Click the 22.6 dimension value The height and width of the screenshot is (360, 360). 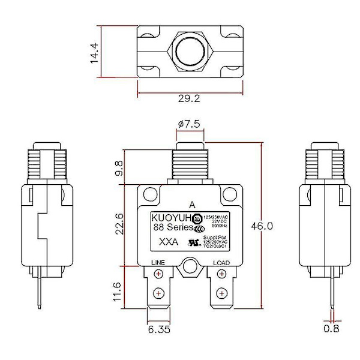(x=119, y=224)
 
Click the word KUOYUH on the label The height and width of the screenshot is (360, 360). (x=170, y=217)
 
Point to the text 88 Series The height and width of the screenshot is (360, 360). (x=172, y=228)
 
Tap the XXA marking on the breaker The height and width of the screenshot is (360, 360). (x=167, y=244)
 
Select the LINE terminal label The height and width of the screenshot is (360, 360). (x=157, y=263)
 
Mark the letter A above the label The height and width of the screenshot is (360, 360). (x=191, y=203)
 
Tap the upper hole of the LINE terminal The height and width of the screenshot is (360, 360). (x=158, y=275)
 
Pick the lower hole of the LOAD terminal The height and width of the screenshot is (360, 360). (x=221, y=293)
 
